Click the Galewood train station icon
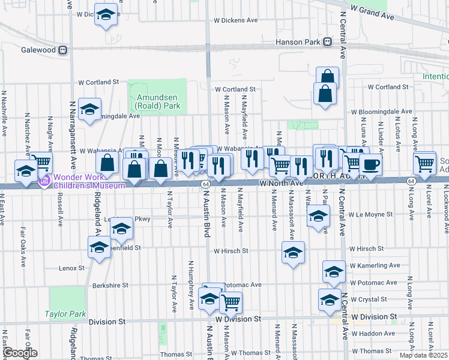pyautogui.click(x=62, y=50)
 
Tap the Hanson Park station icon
pyautogui.click(x=328, y=42)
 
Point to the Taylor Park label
pyautogui.click(x=65, y=314)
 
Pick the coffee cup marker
pyautogui.click(x=370, y=164)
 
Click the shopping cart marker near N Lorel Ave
pyautogui.click(x=425, y=163)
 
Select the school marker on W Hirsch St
pyautogui.click(x=294, y=253)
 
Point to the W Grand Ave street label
pyautogui.click(x=372, y=13)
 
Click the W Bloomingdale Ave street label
pyautogui.click(x=382, y=112)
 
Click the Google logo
pyautogui.click(x=20, y=353)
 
